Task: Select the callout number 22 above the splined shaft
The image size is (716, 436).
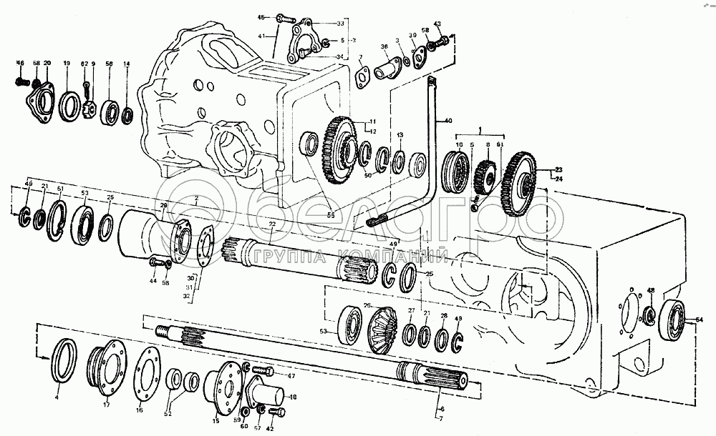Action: (272, 224)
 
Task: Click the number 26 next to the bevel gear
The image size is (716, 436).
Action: (368, 306)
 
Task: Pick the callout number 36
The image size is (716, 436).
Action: (384, 47)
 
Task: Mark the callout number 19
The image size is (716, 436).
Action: (66, 64)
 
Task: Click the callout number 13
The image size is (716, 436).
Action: (400, 135)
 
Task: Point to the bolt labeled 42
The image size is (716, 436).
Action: (275, 411)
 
